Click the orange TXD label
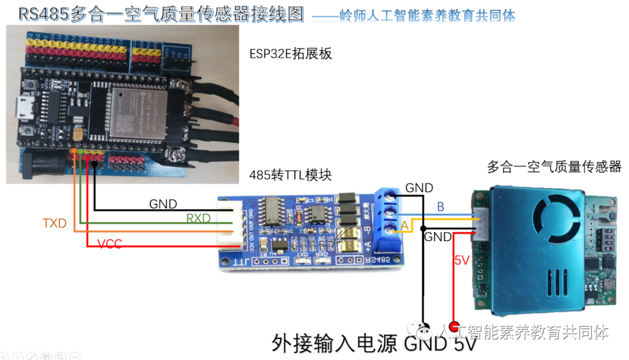55,223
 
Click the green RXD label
198,218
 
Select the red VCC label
109,243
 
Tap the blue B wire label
440,207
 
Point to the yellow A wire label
404,225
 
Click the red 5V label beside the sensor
461,260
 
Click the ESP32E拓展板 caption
290,54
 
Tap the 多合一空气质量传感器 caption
554,167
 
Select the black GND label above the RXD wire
163,204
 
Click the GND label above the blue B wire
419,188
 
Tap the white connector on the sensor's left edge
482,222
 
